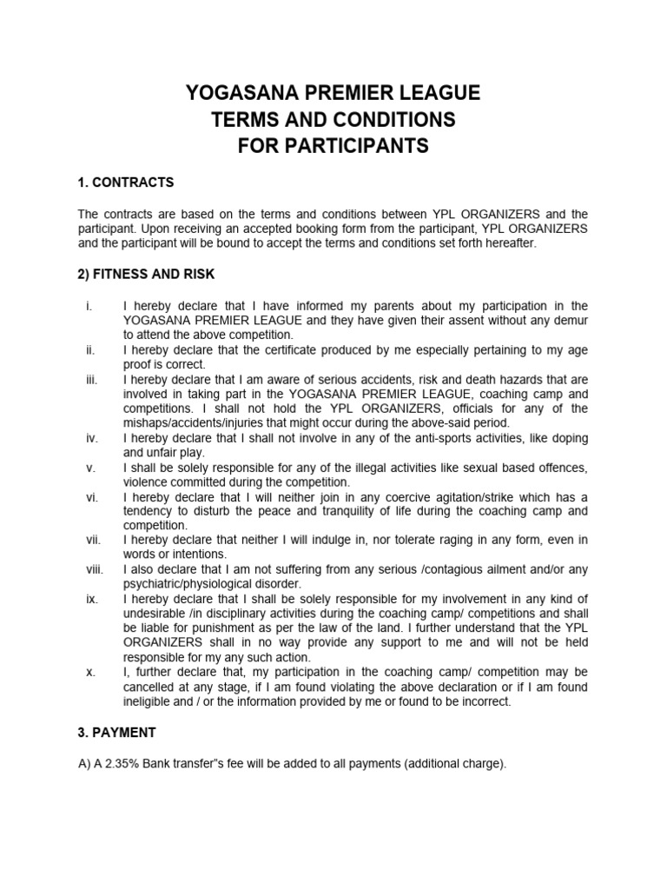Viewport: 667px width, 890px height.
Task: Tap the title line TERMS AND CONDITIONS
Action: click(333, 119)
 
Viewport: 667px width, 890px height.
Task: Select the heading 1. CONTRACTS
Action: click(126, 183)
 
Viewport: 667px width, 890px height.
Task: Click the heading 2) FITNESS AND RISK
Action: click(146, 275)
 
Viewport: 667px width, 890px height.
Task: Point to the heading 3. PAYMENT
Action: click(117, 733)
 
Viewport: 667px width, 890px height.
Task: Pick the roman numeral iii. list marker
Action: click(91, 380)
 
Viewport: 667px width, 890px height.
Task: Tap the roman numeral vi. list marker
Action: click(91, 497)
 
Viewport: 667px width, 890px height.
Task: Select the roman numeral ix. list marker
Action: click(91, 600)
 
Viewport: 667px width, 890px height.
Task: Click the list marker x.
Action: click(90, 673)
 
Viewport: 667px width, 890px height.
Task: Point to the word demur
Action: click(568, 321)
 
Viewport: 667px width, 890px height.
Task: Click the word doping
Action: click(566, 438)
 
